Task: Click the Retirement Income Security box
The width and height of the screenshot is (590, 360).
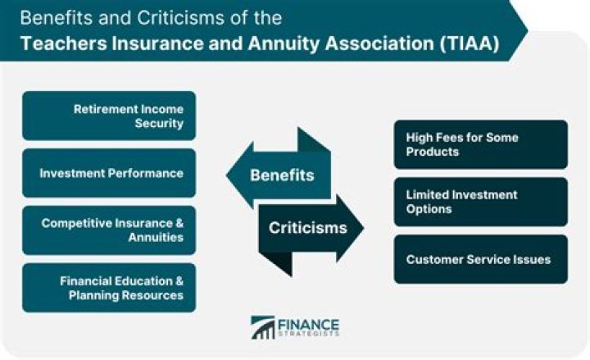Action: [x=109, y=116]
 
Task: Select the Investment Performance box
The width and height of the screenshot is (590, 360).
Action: [x=109, y=173]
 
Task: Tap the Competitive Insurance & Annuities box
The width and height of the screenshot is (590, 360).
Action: [x=109, y=230]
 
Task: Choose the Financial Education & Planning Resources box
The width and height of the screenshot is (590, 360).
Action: [x=109, y=288]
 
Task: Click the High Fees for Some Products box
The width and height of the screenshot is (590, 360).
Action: [x=480, y=144]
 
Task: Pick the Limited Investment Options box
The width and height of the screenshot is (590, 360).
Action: [x=480, y=202]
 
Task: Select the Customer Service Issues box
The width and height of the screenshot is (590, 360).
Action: [x=480, y=259]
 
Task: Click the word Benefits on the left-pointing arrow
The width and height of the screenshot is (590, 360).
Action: [x=281, y=175]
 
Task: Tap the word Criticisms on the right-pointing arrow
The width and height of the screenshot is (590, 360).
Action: [x=307, y=227]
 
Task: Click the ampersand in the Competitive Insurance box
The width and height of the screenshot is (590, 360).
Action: [x=179, y=223]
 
